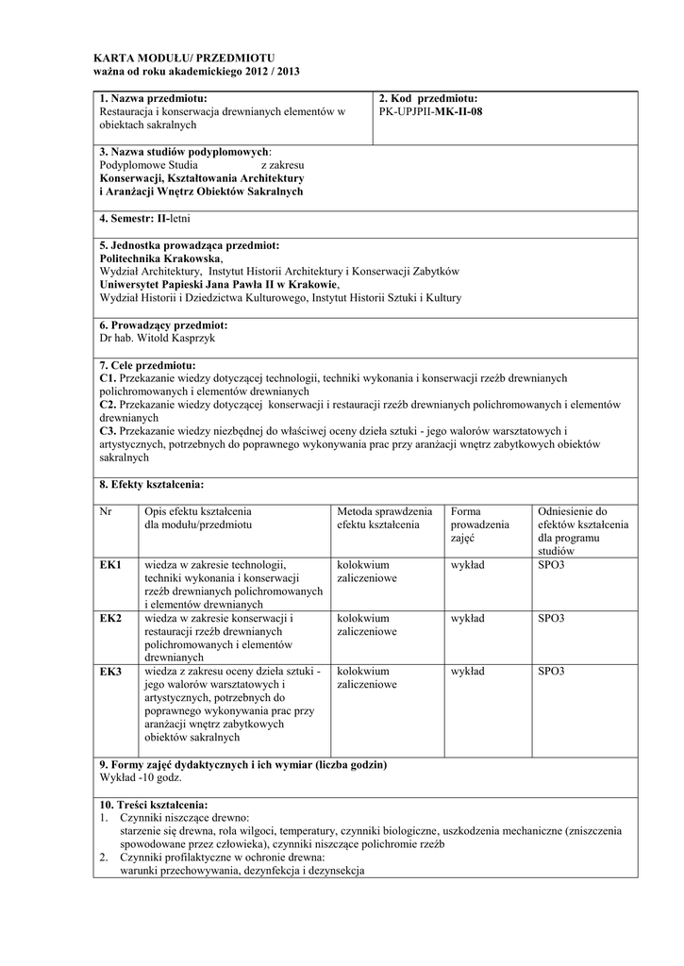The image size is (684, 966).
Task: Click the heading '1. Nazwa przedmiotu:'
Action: [x=153, y=98]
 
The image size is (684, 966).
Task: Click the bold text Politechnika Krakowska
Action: [x=160, y=258]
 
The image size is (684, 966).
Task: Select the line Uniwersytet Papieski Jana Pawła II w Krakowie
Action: [x=218, y=284]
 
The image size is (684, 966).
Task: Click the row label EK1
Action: [x=110, y=565]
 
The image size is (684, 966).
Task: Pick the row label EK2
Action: [x=110, y=618]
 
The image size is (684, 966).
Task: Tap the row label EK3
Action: [x=110, y=672]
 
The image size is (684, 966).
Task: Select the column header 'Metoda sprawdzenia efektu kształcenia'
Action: [x=384, y=517]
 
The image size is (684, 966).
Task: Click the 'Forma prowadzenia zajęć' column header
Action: [x=479, y=524]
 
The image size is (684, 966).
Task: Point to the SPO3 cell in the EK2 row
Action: [x=551, y=618]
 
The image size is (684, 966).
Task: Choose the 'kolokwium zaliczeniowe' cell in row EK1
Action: [x=366, y=572]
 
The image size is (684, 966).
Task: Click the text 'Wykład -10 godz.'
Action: [x=141, y=777]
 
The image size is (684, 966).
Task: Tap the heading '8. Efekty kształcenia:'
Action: [x=151, y=484]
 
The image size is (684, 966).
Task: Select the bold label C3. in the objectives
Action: [x=108, y=430]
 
